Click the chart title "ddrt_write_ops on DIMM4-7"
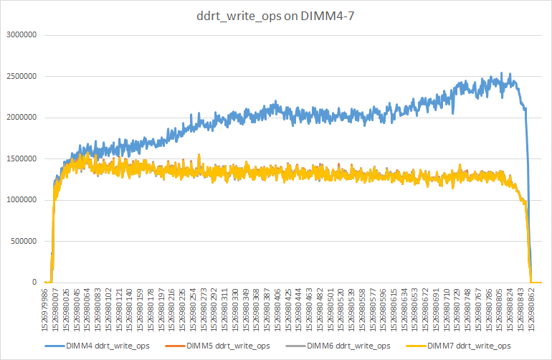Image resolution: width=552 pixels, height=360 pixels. pyautogui.click(x=276, y=16)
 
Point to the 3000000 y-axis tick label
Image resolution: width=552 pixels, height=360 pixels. pyautogui.click(x=24, y=35)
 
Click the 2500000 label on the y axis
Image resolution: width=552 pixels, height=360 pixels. pyautogui.click(x=24, y=76)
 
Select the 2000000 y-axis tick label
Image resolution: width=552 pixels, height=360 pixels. pyautogui.click(x=24, y=118)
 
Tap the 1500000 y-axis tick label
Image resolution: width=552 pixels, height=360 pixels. pyautogui.click(x=24, y=158)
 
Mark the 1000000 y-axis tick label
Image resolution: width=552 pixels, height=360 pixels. pyautogui.click(x=24, y=200)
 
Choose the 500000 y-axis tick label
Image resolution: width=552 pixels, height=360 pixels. pyautogui.click(x=26, y=241)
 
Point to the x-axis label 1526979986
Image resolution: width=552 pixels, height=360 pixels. pyautogui.click(x=47, y=309)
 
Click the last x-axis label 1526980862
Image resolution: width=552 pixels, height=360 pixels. pyautogui.click(x=531, y=309)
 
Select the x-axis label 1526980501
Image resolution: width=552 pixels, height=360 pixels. pyautogui.click(x=330, y=309)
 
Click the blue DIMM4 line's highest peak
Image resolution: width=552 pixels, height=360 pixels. pyautogui.click(x=510, y=73)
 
